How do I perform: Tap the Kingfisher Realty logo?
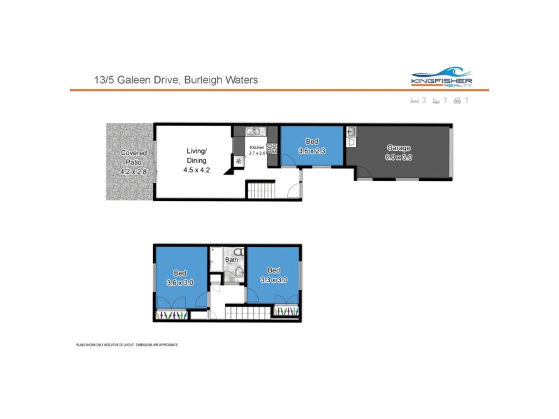pos(442,78)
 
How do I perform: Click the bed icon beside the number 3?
pos(414,101)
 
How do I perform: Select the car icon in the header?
pos(457,101)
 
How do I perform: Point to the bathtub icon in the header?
pos(435,101)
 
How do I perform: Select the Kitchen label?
pos(257,147)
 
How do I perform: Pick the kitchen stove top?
pos(271,147)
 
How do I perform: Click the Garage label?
pos(399,148)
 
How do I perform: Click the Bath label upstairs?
pos(231,260)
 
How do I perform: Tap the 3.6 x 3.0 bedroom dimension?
pos(180,282)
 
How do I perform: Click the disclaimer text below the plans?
pos(127,345)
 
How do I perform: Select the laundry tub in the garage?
pos(351,131)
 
